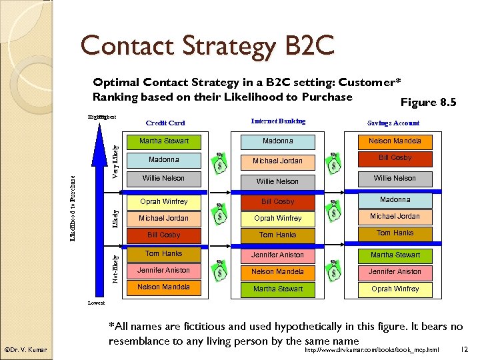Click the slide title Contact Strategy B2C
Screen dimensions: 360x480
point(207,46)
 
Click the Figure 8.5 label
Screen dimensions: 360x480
point(428,103)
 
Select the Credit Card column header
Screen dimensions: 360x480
point(165,123)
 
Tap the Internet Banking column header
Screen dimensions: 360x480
point(278,121)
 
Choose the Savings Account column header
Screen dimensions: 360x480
point(393,123)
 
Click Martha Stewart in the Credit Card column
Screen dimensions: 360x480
point(164,141)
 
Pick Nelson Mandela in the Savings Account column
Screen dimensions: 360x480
point(395,141)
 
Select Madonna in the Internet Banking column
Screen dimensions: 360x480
point(277,141)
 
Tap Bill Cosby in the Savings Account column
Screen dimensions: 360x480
point(395,158)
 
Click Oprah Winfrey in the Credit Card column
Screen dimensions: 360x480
point(164,201)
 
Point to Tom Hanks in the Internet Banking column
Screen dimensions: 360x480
point(277,235)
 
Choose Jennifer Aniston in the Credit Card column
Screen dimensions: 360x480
point(164,270)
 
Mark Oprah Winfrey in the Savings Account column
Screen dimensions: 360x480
point(395,289)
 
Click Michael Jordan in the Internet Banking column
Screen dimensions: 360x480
point(277,161)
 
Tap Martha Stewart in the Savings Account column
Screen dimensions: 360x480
point(395,255)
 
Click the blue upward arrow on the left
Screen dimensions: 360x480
point(99,200)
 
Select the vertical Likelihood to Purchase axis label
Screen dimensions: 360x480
point(73,209)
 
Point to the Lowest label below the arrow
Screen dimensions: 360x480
point(96,303)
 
